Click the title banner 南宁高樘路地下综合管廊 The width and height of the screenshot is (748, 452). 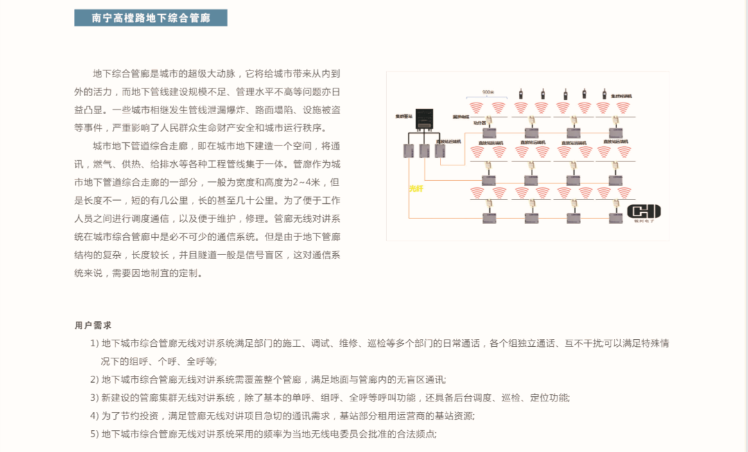point(151,18)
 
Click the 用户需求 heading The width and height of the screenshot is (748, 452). point(93,326)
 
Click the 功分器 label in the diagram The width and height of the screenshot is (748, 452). point(479,122)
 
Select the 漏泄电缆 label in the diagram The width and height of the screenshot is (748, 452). point(461,117)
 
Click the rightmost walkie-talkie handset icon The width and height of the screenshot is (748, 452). point(604,94)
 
